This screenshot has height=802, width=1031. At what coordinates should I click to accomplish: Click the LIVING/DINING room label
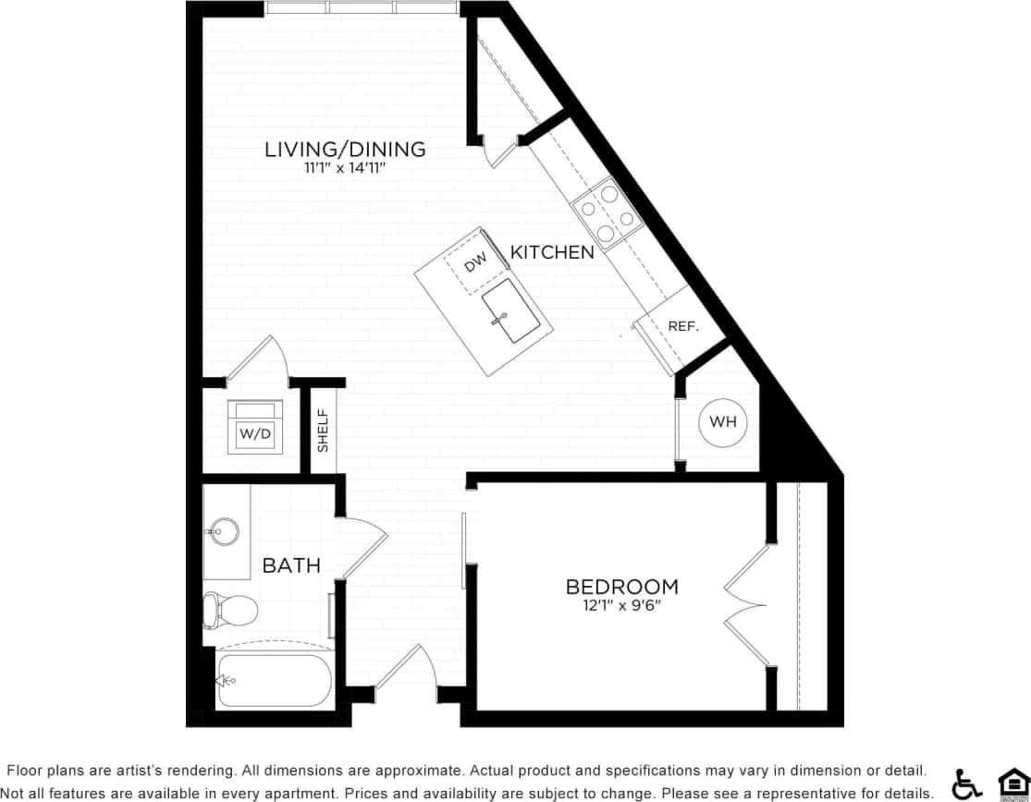[345, 149]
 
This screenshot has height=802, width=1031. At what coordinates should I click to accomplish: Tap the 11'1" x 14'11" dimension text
[345, 169]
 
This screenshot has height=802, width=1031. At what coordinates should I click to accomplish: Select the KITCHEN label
[552, 251]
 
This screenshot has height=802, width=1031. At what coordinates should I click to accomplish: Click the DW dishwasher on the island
[474, 264]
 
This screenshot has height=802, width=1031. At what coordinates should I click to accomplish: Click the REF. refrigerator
[682, 327]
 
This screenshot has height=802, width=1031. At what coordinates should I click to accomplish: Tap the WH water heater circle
[722, 422]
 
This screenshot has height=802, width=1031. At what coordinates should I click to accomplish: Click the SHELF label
[324, 430]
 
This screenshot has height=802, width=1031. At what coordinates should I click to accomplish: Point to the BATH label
[291, 565]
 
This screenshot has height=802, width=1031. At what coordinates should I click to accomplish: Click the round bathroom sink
[223, 531]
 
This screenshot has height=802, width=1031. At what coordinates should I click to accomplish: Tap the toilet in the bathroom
[229, 610]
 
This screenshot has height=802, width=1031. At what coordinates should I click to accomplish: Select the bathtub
[274, 681]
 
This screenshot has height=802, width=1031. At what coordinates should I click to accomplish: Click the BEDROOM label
[621, 587]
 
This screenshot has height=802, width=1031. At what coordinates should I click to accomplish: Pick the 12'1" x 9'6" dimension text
[621, 606]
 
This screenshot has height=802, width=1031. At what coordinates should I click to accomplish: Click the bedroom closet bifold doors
[746, 605]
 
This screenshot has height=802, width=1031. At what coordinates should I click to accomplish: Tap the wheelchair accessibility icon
[967, 784]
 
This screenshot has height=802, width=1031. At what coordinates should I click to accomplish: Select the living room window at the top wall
[361, 7]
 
